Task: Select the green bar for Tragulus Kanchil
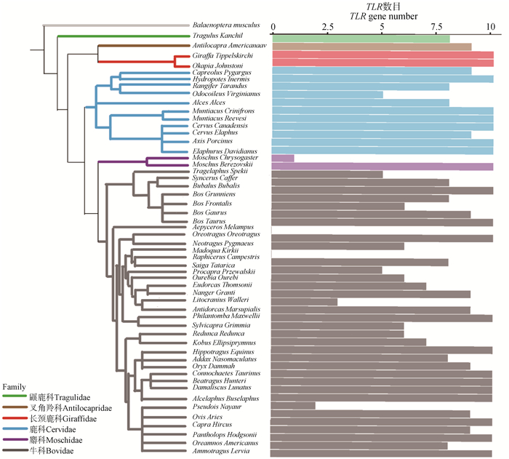point(360,38)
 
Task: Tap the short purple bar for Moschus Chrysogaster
point(282,158)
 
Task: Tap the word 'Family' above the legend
point(15,386)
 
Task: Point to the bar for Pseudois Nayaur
point(293,405)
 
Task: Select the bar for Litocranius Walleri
point(304,300)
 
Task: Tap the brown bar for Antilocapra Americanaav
point(371,47)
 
